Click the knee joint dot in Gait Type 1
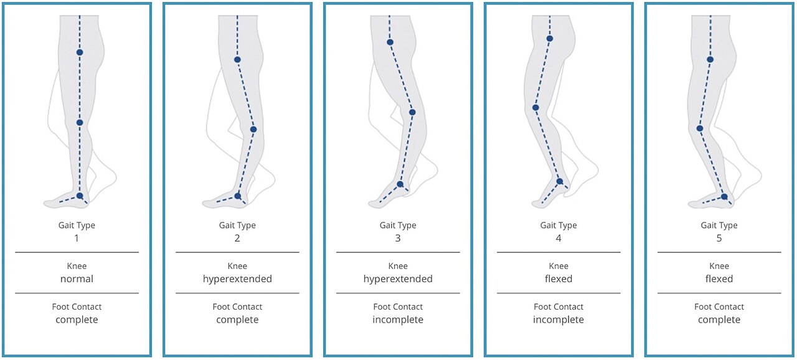coord(80,123)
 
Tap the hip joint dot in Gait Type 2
coord(237,60)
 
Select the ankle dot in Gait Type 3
coord(400,184)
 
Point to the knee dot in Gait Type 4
coord(535,107)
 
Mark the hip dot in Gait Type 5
coord(710,59)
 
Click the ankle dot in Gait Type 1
coord(80,196)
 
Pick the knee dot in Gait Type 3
coord(412,112)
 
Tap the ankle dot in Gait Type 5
coord(724,196)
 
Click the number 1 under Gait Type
coord(77,238)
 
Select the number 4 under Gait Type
coord(559,238)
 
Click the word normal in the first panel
coord(77,279)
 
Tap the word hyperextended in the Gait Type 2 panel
coord(237,279)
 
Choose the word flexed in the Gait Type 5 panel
coord(719,279)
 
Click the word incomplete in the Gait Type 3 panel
coord(398,320)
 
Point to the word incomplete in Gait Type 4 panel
coord(559,320)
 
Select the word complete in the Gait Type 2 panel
coord(237,320)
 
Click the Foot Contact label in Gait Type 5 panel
coord(719,306)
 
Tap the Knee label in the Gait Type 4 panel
coord(559,266)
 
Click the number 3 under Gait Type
coord(398,238)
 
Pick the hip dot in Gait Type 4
coord(550,39)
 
